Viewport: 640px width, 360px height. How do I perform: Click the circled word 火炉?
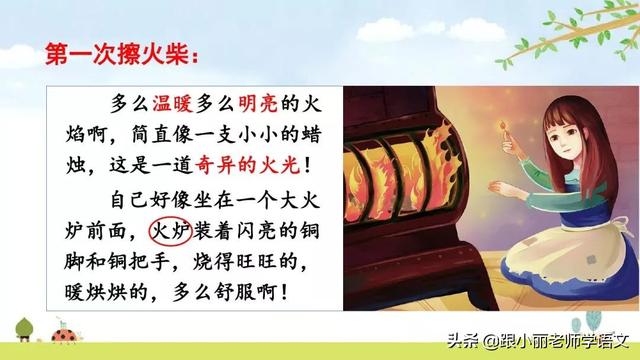171,232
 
